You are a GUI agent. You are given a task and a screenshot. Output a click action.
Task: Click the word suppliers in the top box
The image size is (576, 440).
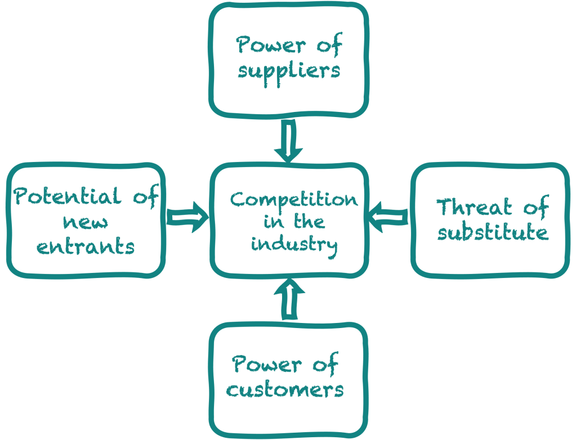289,71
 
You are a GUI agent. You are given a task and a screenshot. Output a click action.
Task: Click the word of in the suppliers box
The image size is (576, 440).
327,44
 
